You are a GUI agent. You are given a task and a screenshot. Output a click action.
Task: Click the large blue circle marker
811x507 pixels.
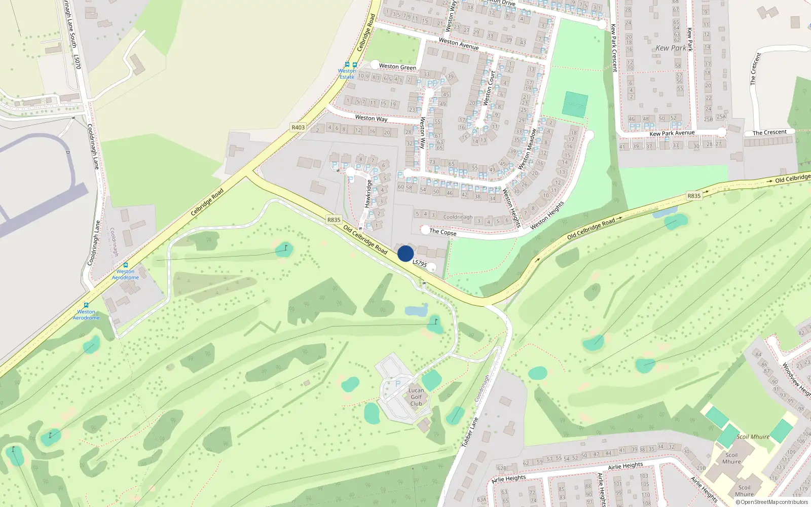[x=405, y=253]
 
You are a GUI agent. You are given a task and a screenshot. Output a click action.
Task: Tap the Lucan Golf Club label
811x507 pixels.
[x=416, y=397]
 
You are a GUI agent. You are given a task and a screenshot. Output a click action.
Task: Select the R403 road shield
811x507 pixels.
[x=298, y=127]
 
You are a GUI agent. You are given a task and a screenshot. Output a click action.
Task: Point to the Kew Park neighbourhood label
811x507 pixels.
[x=671, y=48]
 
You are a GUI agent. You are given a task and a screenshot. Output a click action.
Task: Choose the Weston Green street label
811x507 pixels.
[x=397, y=67]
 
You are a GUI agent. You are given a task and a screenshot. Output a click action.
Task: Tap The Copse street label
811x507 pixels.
[x=443, y=232]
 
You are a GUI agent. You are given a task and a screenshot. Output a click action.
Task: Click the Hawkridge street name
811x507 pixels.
[x=368, y=193]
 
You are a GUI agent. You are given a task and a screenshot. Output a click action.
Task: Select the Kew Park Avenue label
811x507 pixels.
[x=672, y=133]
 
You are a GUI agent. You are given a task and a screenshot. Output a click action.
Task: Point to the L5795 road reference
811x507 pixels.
[x=420, y=263]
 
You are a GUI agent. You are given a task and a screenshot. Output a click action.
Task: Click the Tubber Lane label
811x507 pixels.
[x=470, y=432]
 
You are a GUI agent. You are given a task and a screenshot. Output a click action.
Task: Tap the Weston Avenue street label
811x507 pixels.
[x=459, y=44]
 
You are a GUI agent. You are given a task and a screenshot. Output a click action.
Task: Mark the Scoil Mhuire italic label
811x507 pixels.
[x=753, y=437]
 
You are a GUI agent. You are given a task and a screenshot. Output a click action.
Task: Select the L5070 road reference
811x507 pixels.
[x=77, y=62]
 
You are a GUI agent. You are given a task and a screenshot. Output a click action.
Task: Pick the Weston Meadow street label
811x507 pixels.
[x=527, y=149]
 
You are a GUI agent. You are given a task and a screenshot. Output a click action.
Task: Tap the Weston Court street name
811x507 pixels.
[x=490, y=88]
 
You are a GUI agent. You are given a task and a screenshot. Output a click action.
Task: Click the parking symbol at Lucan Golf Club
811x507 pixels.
[x=397, y=383]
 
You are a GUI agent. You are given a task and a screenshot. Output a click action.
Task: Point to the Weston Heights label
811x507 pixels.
[x=547, y=215]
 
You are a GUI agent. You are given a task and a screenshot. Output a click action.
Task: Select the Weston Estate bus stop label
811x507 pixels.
[x=347, y=74]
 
